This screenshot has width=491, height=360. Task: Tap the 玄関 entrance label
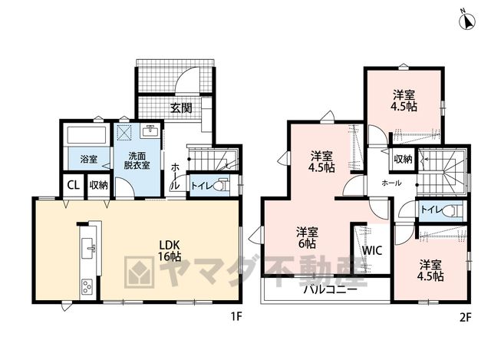pos(181,108)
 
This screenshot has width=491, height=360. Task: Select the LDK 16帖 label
pos(170,251)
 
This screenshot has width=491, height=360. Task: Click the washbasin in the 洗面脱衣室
pos(151,131)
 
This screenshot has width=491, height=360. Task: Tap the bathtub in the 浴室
pos(87,135)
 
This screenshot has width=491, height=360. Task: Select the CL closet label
pos(74,185)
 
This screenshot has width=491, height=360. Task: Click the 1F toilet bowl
pos(222,185)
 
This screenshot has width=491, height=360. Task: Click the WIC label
pos(372,250)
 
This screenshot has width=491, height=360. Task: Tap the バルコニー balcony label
pos(331,289)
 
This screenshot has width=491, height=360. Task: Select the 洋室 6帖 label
pos(307,238)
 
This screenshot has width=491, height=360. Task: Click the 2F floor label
pos(466,318)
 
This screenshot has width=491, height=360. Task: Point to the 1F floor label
pos(236,317)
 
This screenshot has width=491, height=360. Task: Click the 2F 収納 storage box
pos(403,159)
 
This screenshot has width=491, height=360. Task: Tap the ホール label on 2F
pos(391,183)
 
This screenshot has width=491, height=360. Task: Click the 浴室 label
pos(89,159)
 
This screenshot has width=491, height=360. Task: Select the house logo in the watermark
pos(140,272)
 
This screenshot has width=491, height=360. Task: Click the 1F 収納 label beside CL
pos(98,185)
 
